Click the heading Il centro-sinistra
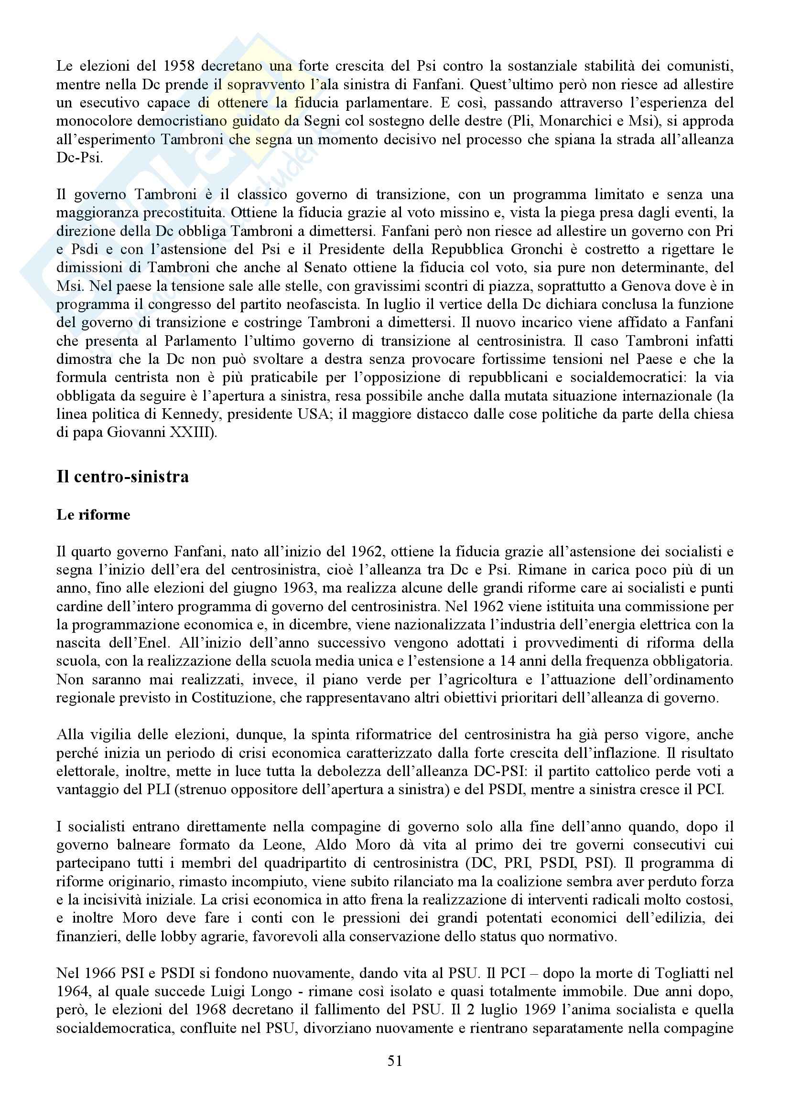tap(123, 476)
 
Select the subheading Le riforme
tap(94, 515)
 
